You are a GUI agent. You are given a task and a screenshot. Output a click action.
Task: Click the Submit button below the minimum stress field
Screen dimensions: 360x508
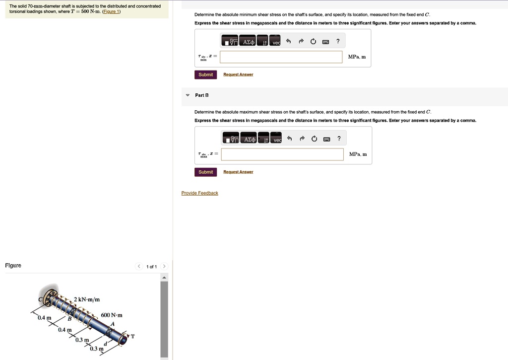coord(205,74)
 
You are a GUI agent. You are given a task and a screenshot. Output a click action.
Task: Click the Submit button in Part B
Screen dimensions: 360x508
coord(205,172)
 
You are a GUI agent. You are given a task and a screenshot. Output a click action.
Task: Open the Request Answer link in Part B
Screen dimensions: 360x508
coord(238,172)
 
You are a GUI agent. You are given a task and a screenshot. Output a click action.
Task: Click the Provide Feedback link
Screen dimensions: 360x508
coord(199,193)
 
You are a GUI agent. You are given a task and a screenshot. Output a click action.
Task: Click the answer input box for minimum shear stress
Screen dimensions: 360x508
coord(281,57)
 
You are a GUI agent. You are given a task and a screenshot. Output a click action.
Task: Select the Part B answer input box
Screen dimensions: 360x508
coord(282,154)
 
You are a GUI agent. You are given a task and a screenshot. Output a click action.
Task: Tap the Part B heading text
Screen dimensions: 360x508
coord(202,95)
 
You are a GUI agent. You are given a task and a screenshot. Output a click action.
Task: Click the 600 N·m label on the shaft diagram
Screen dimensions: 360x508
coord(111,315)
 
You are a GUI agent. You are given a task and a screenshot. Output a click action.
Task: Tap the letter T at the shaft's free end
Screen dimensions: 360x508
coord(132,337)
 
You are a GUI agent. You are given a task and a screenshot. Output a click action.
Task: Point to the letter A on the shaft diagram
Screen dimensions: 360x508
coord(112,324)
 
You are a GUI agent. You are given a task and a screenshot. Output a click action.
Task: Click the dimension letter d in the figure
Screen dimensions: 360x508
coord(105,344)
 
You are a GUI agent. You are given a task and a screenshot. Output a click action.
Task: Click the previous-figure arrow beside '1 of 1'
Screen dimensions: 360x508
coord(139,267)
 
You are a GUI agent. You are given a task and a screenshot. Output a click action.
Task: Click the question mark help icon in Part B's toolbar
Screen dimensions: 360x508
coord(339,139)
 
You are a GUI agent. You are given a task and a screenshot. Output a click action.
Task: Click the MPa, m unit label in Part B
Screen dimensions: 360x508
coord(358,154)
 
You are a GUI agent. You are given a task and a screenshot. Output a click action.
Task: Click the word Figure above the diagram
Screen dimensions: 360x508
coord(13,266)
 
